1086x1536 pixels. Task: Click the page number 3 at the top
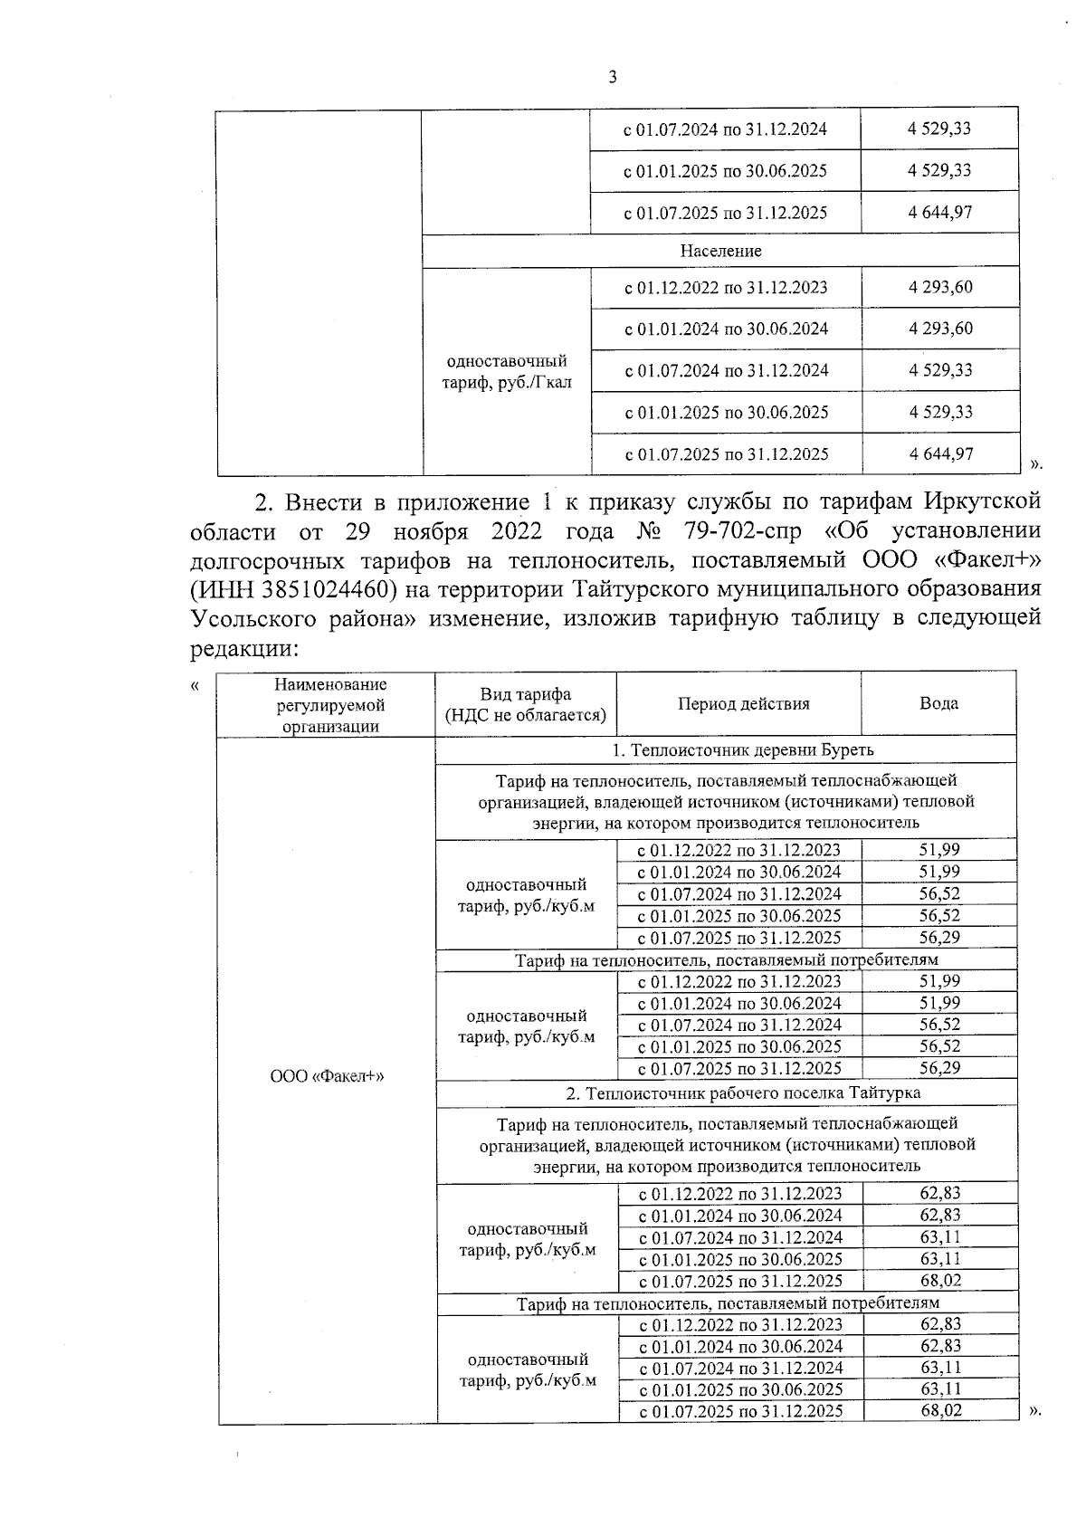click(613, 79)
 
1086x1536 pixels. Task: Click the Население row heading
click(720, 251)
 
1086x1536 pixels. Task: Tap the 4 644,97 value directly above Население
click(940, 213)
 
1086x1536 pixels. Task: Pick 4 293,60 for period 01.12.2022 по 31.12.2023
click(940, 288)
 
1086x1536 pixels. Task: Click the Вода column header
click(938, 703)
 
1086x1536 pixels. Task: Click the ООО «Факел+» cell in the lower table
click(327, 1076)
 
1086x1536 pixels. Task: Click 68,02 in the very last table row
click(940, 1411)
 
